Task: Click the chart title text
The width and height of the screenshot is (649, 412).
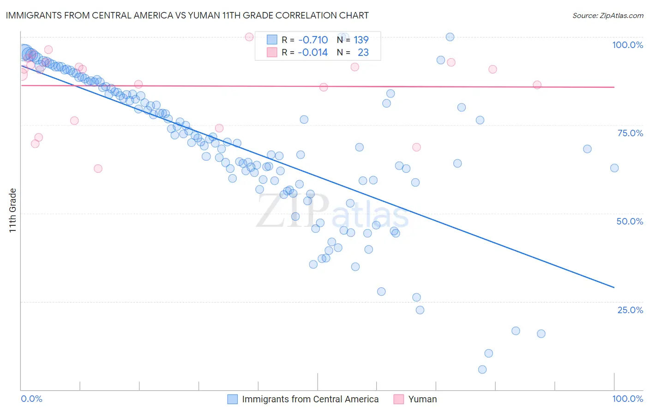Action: [187, 15]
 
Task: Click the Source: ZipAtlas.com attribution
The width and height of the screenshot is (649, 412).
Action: [607, 15]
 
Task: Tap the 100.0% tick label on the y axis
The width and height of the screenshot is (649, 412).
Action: [627, 45]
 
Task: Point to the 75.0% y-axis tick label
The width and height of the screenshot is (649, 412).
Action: [630, 133]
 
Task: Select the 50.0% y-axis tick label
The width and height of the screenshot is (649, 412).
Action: [630, 221]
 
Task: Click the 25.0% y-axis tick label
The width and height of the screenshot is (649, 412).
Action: [630, 310]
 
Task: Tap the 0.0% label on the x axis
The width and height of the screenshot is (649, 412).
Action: [32, 399]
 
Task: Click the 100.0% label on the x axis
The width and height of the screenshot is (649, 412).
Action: [627, 399]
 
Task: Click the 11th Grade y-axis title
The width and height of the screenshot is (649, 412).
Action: [12, 210]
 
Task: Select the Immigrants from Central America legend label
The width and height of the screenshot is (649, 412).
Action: [310, 399]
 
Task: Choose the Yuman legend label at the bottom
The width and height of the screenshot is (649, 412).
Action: [422, 399]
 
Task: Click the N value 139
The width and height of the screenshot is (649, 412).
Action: [361, 40]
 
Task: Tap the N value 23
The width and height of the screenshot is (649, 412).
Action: [363, 53]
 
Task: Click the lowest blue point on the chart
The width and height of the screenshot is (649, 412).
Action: [482, 370]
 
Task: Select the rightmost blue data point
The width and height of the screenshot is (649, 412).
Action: [614, 168]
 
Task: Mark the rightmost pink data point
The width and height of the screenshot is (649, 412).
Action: [537, 85]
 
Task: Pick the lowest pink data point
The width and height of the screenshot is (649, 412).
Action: [98, 169]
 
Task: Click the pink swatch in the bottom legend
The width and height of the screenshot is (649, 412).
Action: [398, 399]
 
